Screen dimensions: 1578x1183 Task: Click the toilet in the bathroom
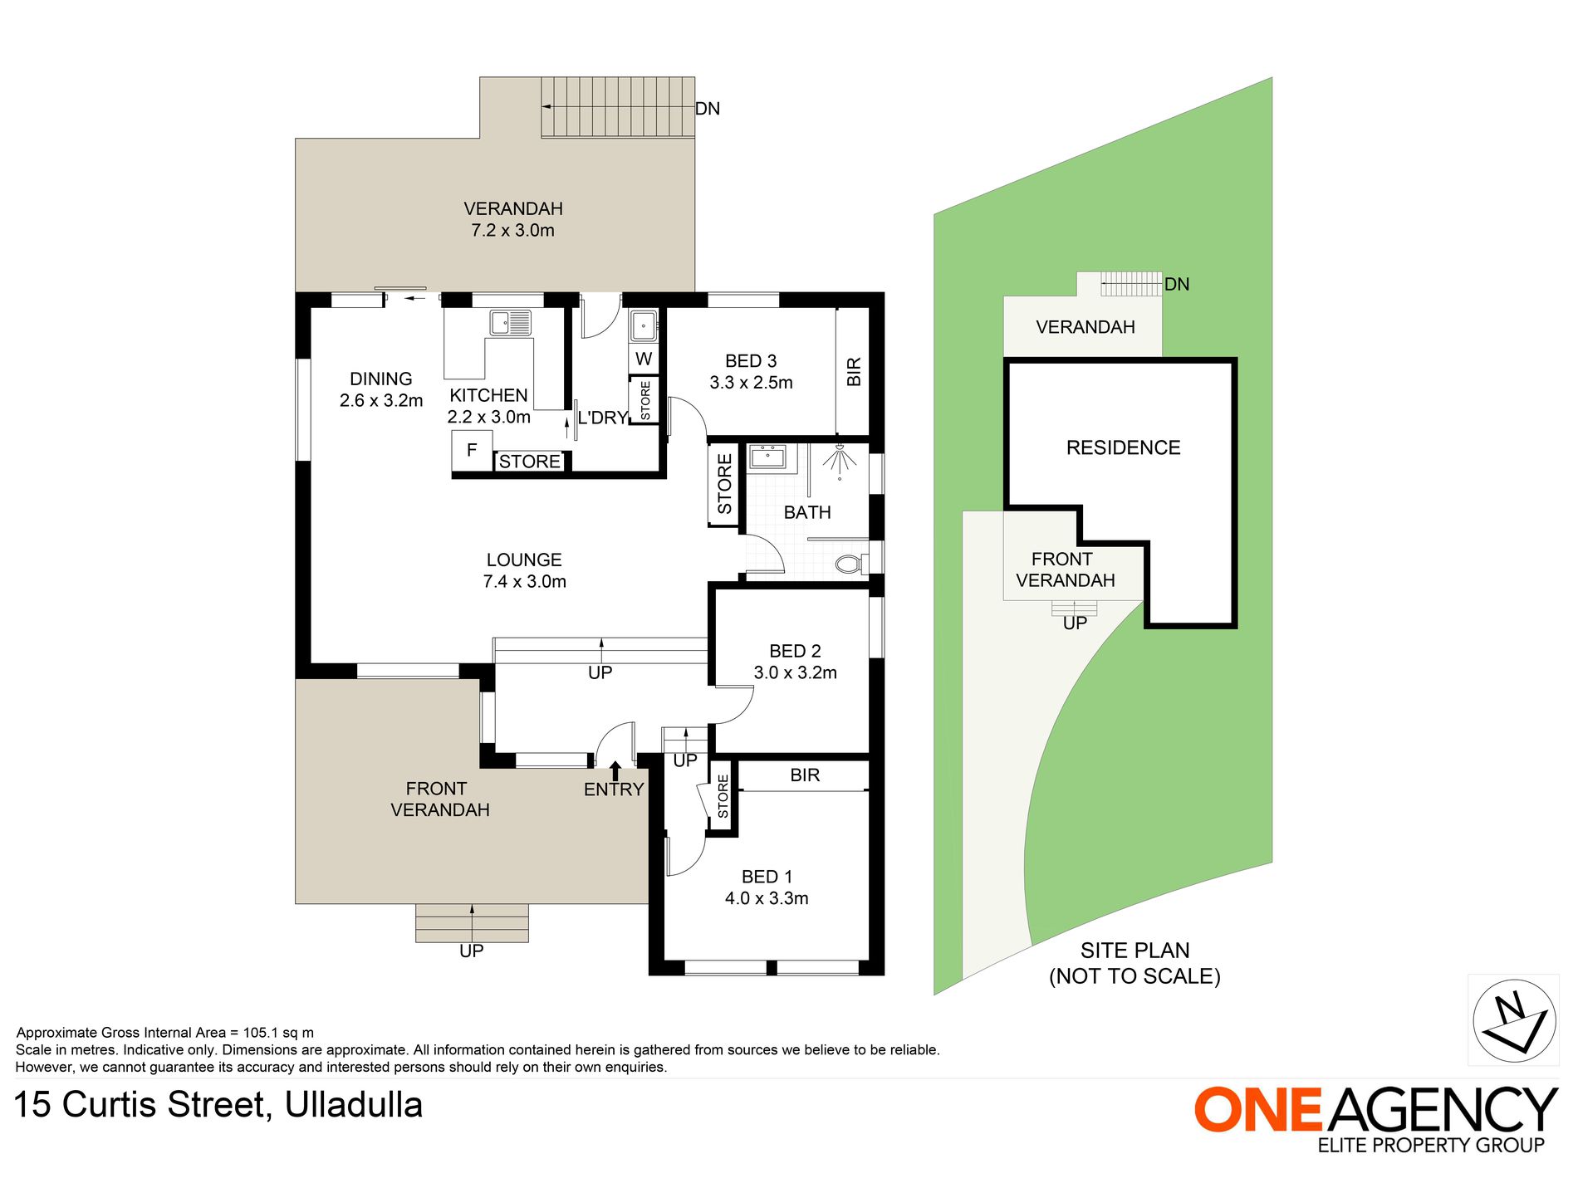(849, 565)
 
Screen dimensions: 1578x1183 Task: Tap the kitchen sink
(510, 322)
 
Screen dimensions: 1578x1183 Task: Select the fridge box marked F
(472, 451)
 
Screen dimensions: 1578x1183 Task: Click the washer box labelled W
(644, 359)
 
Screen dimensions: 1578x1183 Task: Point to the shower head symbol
(840, 459)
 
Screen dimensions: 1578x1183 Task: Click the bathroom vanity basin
(767, 457)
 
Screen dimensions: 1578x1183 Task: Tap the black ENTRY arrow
(615, 770)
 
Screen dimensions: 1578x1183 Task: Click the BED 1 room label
(767, 877)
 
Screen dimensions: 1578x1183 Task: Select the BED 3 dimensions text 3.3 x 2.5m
(751, 383)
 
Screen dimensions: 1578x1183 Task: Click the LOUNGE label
(524, 560)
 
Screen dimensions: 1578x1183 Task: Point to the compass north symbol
(1514, 1020)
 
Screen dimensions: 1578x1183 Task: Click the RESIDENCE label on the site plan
(1123, 447)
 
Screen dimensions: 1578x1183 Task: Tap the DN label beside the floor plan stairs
(708, 109)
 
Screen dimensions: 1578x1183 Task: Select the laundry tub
(644, 325)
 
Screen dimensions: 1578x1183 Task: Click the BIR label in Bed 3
(854, 371)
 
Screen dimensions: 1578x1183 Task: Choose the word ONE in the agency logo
(1258, 1109)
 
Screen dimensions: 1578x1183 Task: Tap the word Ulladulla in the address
(354, 1105)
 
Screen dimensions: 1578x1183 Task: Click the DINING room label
(381, 379)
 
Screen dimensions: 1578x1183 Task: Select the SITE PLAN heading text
(1134, 951)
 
